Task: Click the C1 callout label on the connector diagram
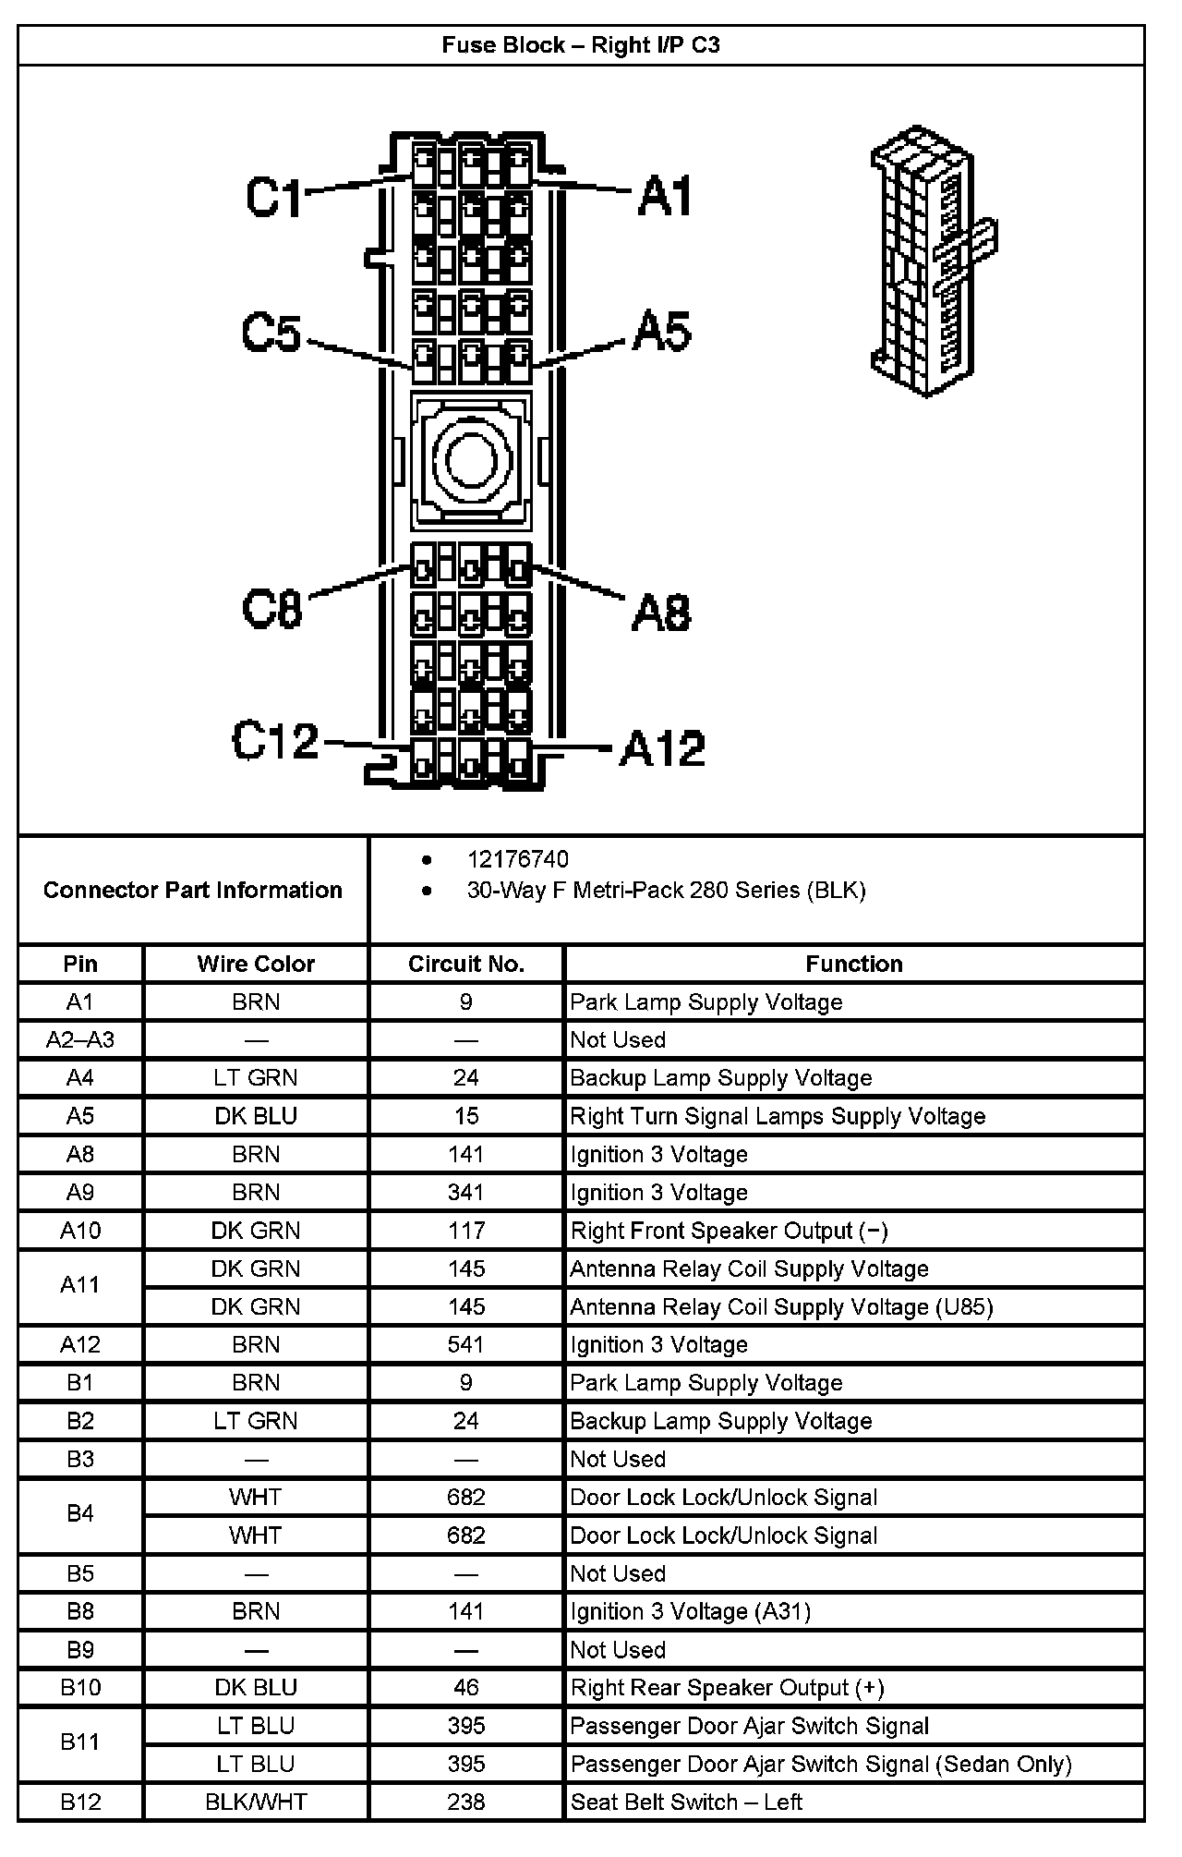coord(274,197)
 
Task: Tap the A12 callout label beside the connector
coord(663,748)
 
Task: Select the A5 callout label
coord(662,331)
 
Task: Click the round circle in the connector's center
coord(471,461)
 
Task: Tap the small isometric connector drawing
coord(931,261)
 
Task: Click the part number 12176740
coord(518,859)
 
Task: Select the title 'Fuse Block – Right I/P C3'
coord(581,45)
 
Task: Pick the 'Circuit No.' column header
coord(466,964)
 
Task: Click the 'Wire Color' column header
coord(256,964)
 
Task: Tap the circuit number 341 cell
coord(466,1192)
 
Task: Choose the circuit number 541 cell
coord(466,1344)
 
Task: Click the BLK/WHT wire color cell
coord(256,1802)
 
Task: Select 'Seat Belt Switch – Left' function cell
coord(686,1802)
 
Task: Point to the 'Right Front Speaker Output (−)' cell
coord(729,1231)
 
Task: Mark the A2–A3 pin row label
coord(80,1039)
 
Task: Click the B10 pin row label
coord(80,1687)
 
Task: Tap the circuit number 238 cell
coord(466,1802)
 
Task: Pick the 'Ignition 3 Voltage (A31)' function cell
coord(690,1611)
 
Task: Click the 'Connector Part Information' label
coord(193,890)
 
